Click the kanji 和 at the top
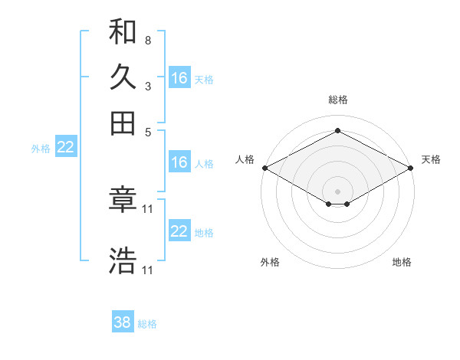[x=123, y=33]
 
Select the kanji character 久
[x=123, y=78]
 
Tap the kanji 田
[x=123, y=123]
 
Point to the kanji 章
[x=123, y=201]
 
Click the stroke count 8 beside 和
[x=147, y=40]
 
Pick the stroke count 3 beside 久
[x=147, y=86]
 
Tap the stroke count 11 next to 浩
[x=148, y=270]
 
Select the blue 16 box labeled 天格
[x=179, y=78]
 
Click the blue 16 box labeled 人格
[x=179, y=162]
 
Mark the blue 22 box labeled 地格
[x=179, y=231]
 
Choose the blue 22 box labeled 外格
[x=65, y=148]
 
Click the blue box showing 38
[x=123, y=322]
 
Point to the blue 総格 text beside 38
[x=147, y=324]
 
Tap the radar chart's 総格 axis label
[x=338, y=100]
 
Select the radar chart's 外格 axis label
[x=270, y=262]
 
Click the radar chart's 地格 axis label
[x=402, y=262]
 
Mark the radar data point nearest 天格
[x=412, y=168]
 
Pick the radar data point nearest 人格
[x=264, y=168]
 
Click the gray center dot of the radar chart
[x=338, y=191]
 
